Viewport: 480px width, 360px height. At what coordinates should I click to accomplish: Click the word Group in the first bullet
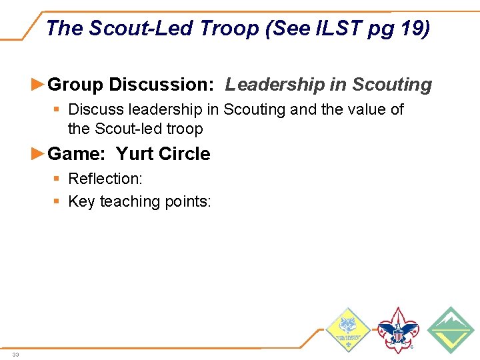tap(76, 85)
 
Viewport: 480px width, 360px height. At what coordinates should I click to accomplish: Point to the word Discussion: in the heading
tap(161, 85)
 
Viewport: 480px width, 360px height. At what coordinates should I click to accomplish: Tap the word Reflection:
tap(105, 179)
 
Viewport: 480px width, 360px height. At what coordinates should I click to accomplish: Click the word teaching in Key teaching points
tap(131, 201)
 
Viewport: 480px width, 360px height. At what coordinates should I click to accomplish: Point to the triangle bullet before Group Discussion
tap(39, 85)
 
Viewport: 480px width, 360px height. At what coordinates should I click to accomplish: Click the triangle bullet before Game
tap(39, 153)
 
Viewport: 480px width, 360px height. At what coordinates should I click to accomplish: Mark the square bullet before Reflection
tap(59, 179)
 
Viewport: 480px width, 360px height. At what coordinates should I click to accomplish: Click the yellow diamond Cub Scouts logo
tap(349, 330)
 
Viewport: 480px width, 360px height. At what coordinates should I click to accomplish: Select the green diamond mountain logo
tap(451, 330)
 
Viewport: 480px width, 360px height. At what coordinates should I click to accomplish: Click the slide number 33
tap(15, 355)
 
